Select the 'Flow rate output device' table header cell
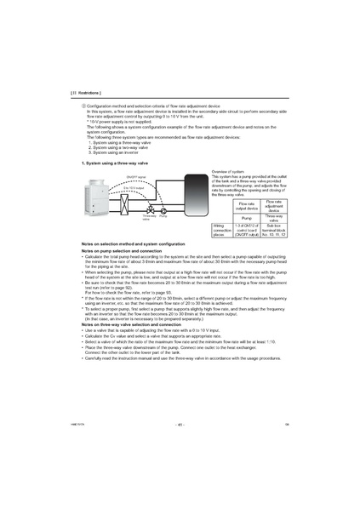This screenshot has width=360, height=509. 246,206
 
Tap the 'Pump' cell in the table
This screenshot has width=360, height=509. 246,217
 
